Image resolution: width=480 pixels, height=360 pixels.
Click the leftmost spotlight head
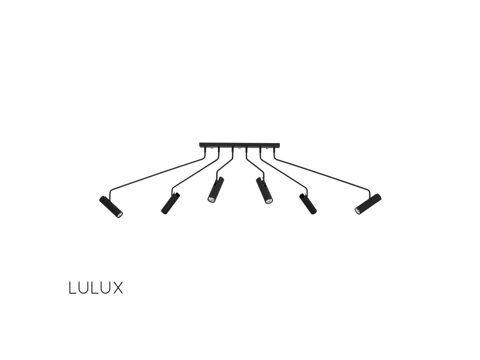click(x=111, y=207)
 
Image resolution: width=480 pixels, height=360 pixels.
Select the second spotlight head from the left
click(x=170, y=203)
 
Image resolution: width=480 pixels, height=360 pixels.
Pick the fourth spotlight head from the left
click(x=264, y=190)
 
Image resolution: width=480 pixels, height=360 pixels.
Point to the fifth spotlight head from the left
click(x=308, y=204)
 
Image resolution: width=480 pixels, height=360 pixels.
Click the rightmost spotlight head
click(x=368, y=203)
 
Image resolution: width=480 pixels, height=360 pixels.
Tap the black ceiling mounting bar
click(x=239, y=144)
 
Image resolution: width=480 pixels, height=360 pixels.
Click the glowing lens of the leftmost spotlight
click(x=120, y=215)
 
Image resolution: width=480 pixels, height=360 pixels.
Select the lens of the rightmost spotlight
click(x=358, y=210)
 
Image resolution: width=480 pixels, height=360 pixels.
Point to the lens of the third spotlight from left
click(x=211, y=200)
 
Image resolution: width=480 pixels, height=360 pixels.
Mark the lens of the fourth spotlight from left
click(x=269, y=201)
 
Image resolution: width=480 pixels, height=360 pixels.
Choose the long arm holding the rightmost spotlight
click(x=323, y=175)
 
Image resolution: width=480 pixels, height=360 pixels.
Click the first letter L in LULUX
click(x=73, y=288)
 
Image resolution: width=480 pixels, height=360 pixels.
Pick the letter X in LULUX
click(x=117, y=288)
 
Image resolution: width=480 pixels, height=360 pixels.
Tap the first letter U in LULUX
click(x=83, y=288)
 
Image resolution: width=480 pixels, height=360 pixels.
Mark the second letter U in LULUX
click(x=106, y=288)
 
